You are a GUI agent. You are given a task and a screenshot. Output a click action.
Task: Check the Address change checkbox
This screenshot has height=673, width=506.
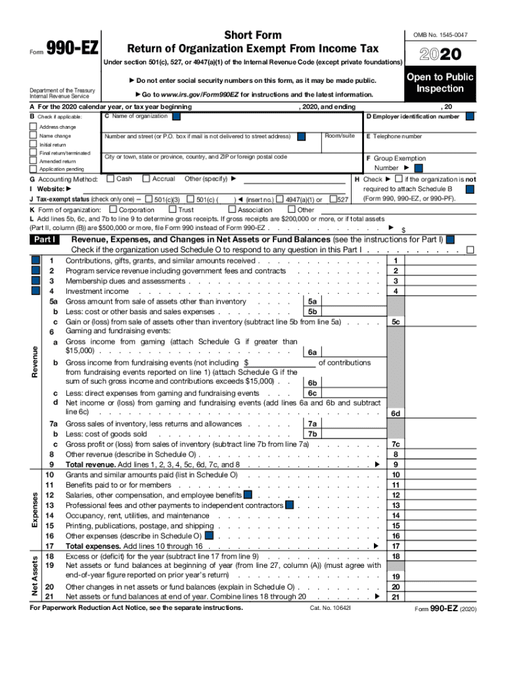pos(34,127)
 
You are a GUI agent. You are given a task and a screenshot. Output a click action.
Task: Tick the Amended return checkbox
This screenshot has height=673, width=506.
pos(34,161)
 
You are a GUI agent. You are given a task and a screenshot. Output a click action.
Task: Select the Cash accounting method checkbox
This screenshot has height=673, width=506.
pos(110,179)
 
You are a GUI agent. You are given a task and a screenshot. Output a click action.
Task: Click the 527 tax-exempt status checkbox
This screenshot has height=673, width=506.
pos(333,199)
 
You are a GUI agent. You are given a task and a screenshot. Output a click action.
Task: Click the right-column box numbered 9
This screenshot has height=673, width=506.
pos(396,465)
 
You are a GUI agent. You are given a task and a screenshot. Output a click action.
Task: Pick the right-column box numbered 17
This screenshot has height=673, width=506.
pos(396,546)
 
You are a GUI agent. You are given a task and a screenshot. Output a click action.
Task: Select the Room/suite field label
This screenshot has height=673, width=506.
pos(340,136)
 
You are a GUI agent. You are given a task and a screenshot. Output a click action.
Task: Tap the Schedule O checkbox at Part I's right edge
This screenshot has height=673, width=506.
pos(470,250)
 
